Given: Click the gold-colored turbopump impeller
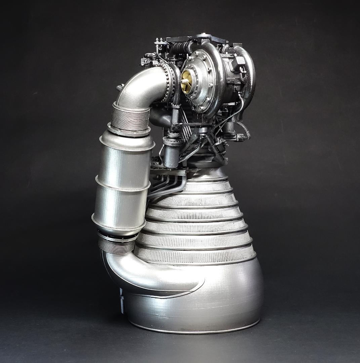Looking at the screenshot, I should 186,80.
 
